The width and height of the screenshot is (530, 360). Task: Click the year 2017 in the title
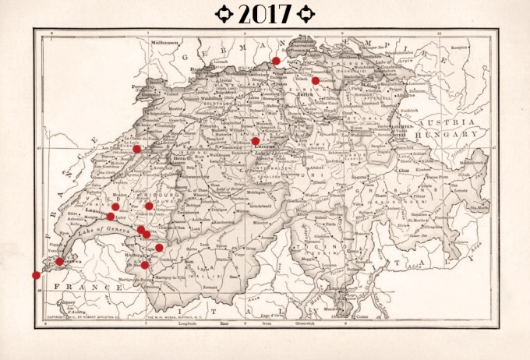[264, 13]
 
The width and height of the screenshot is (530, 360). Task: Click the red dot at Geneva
[60, 262]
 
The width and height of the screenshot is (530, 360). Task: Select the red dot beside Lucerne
[256, 141]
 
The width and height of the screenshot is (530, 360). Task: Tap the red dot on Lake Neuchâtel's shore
[136, 149]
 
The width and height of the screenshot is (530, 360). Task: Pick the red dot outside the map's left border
[36, 275]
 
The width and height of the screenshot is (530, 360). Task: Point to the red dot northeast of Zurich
[316, 80]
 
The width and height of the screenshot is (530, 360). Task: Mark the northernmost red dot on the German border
[276, 60]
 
